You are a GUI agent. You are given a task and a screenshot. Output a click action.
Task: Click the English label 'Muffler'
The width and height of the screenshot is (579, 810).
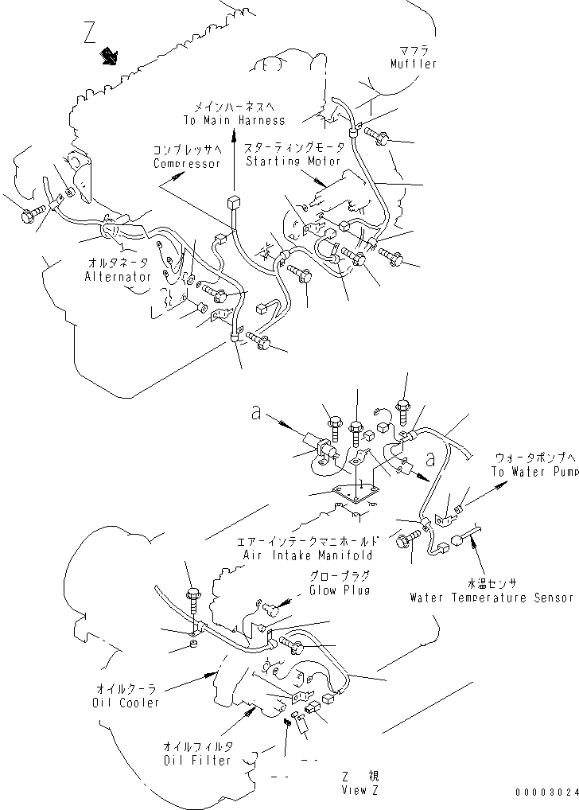tap(414, 64)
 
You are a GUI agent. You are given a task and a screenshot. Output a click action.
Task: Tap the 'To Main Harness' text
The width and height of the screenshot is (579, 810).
tap(232, 120)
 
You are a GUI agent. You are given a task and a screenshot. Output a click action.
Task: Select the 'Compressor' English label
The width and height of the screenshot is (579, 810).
tap(187, 163)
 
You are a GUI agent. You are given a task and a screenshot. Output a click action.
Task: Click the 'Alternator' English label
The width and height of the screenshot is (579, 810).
tap(118, 277)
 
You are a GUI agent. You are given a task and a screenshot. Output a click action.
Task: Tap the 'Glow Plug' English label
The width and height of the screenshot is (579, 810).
tap(340, 590)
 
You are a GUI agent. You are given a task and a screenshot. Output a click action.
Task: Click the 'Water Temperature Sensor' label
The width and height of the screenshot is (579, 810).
tap(492, 597)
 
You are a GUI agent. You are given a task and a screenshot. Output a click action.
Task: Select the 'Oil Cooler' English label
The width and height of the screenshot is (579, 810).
tap(125, 703)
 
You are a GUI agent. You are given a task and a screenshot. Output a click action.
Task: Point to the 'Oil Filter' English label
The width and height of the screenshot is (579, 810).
tap(198, 760)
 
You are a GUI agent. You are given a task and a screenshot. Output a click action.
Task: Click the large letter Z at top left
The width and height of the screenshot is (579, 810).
tap(89, 34)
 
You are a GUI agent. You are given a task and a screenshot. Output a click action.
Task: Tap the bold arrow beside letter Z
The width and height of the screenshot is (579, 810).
tap(108, 56)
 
